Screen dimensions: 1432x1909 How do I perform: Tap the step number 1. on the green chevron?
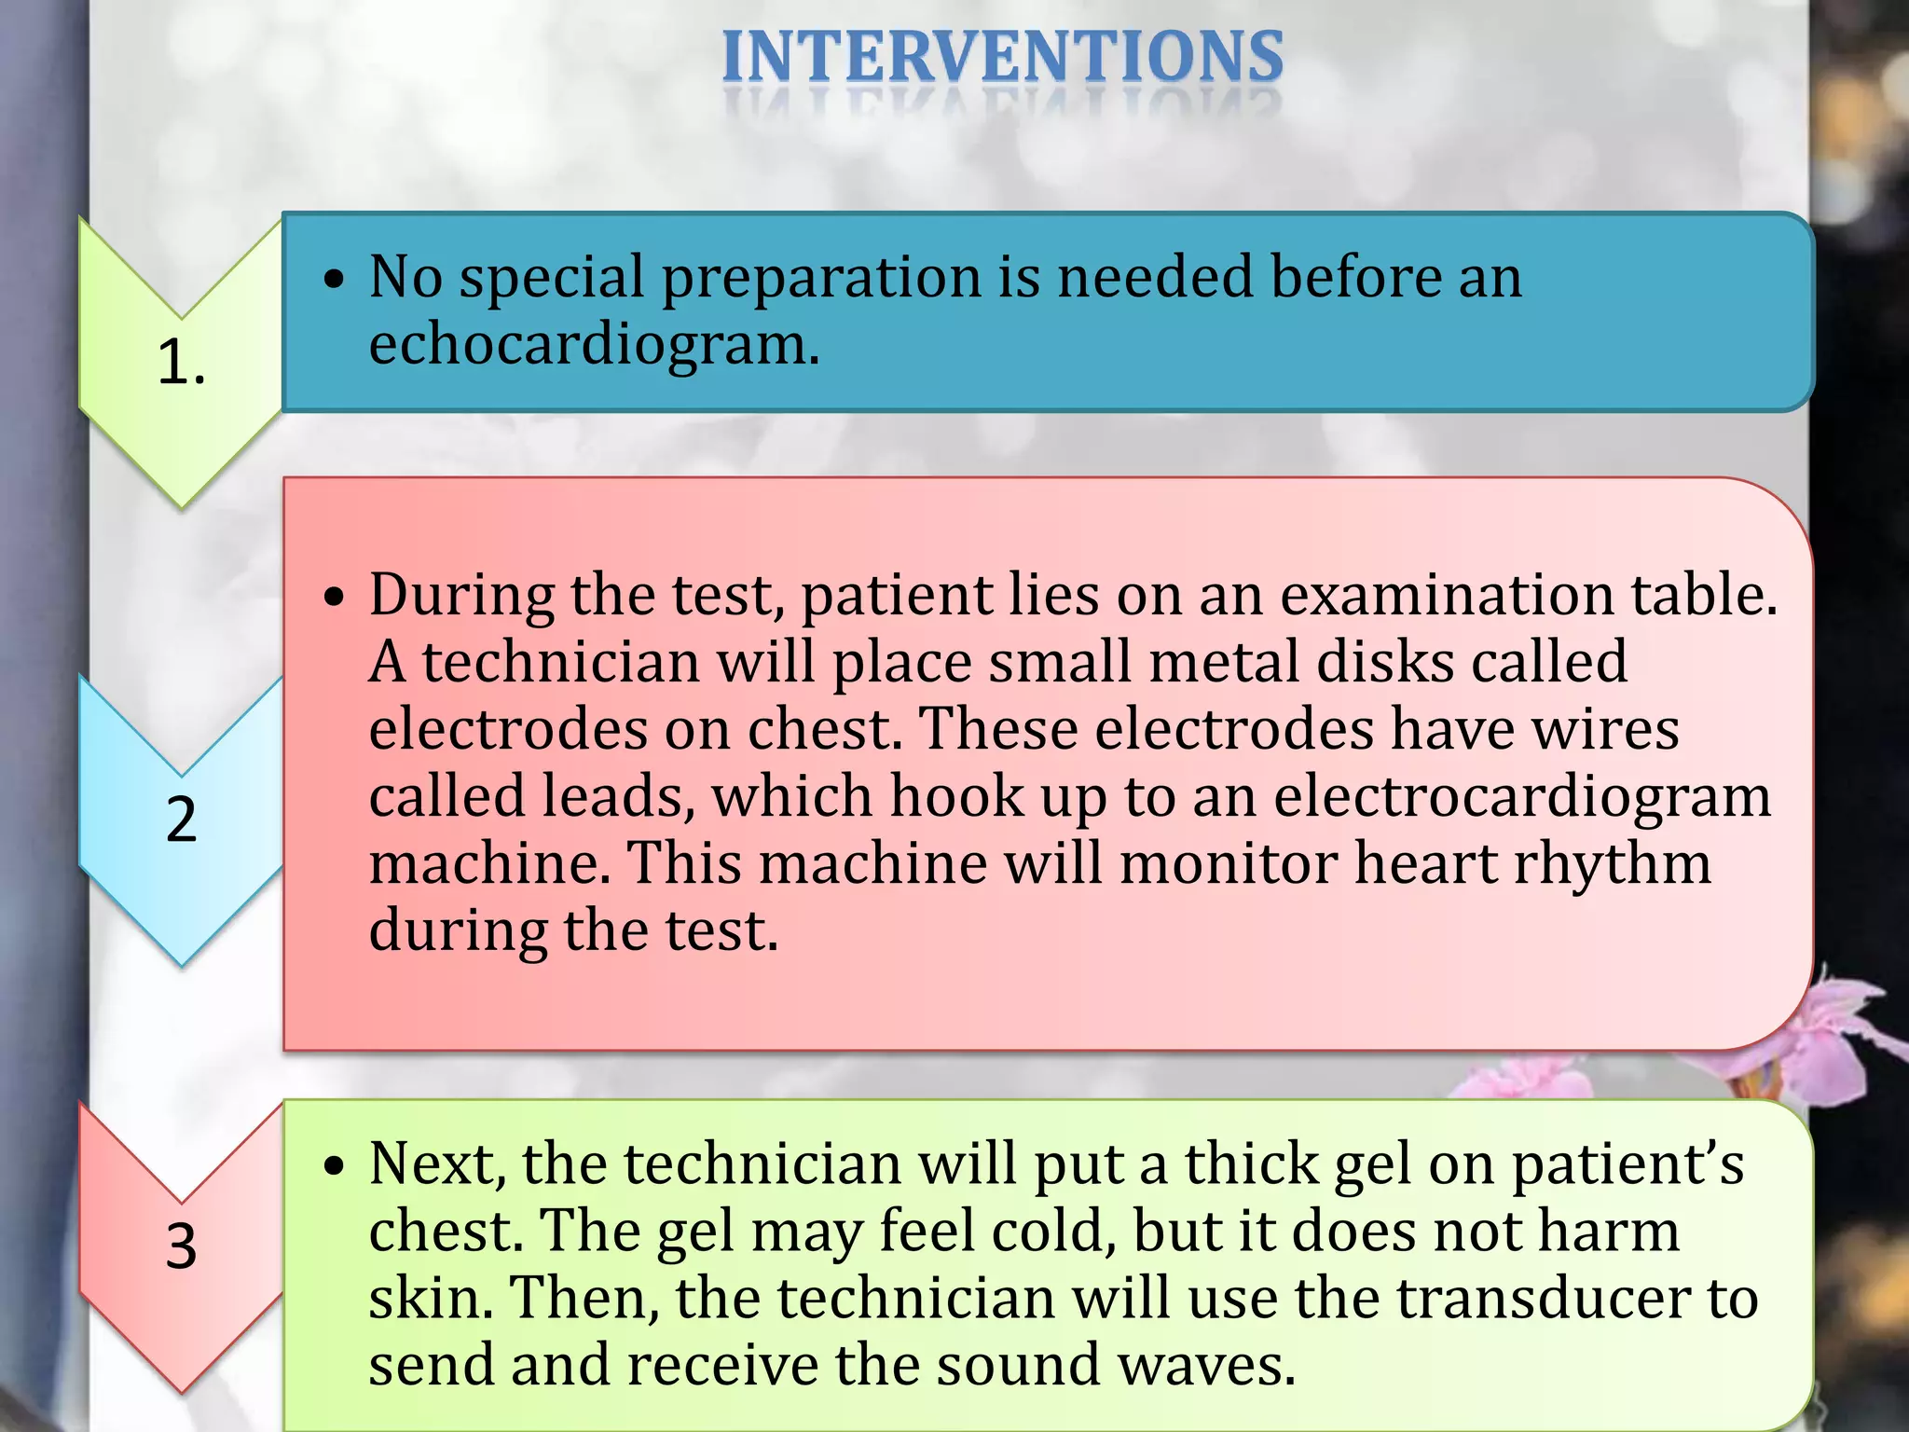[181, 362]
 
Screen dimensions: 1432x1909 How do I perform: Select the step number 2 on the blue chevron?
[181, 819]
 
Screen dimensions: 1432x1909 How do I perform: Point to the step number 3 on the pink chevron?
[181, 1246]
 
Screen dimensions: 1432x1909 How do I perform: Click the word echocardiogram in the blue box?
[593, 345]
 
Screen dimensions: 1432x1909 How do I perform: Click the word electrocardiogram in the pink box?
[1521, 797]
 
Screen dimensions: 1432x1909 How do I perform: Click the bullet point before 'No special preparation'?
[335, 280]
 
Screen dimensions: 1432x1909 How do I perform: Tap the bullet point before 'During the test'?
[335, 597]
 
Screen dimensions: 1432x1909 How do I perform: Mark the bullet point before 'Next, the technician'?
[335, 1165]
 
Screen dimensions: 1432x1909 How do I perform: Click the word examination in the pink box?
[1446, 595]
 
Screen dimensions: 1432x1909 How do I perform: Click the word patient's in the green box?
[1627, 1165]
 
